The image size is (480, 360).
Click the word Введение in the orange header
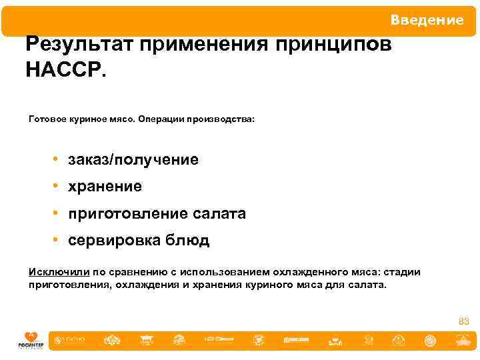427,20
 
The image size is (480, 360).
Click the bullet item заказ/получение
133,160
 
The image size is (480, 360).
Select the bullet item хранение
105,187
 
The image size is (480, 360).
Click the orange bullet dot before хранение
59,187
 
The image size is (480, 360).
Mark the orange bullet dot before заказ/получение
59,160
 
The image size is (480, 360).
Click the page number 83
463,321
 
